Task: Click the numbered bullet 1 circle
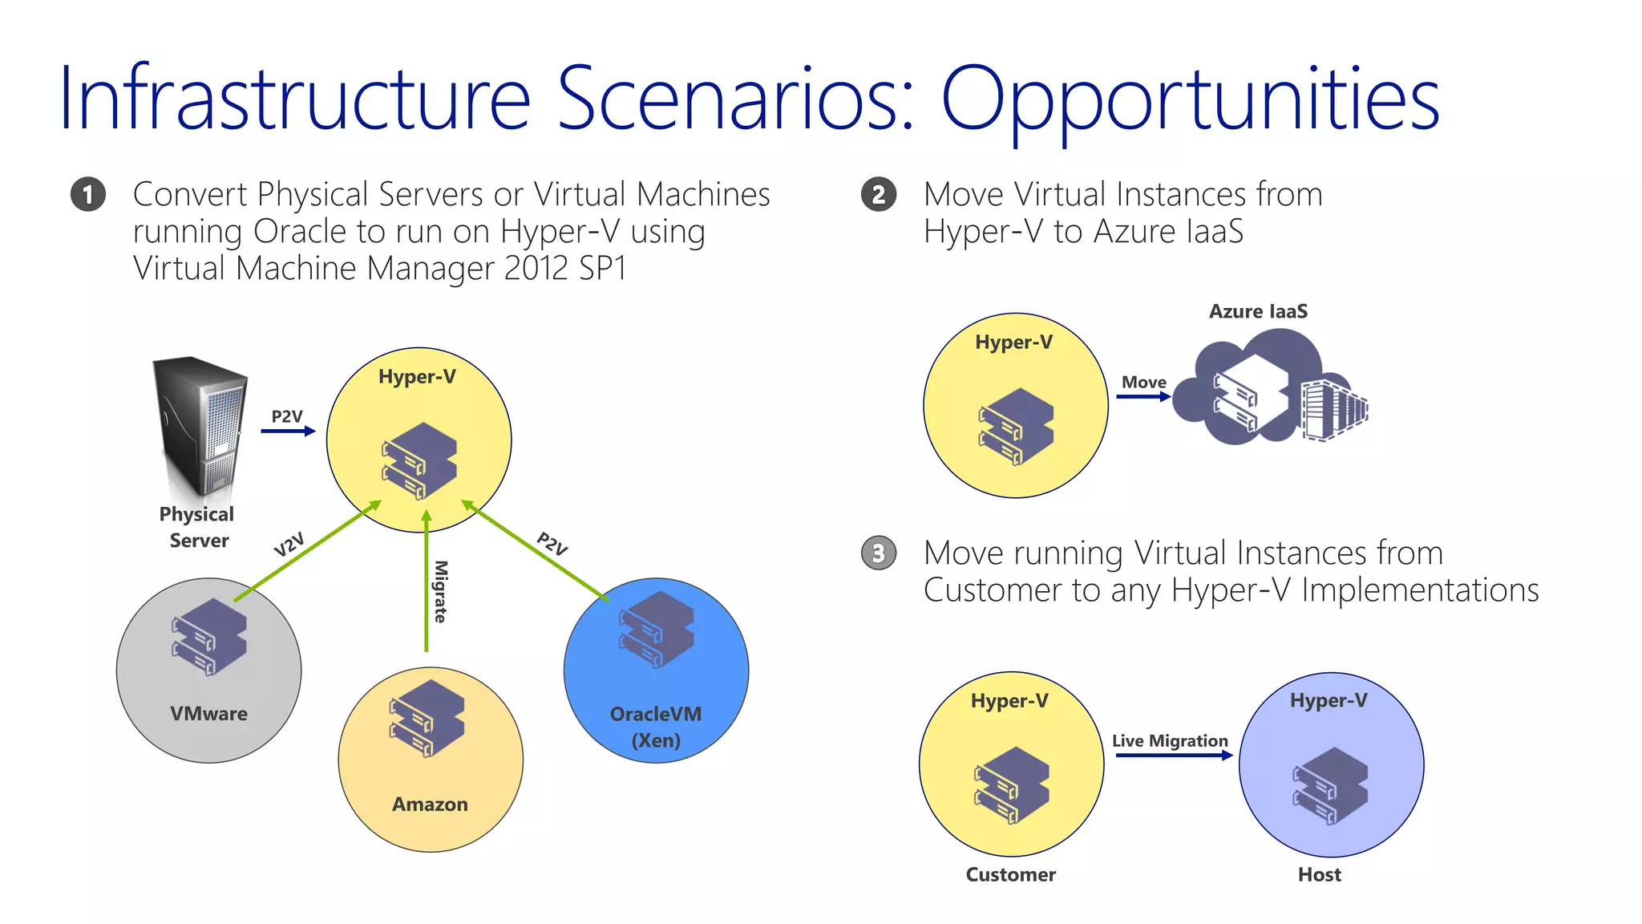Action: point(87,194)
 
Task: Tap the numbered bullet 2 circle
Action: point(879,194)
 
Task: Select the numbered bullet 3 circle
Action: point(879,553)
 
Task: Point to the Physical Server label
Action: point(197,527)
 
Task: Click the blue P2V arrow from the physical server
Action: point(288,432)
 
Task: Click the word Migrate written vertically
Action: point(441,591)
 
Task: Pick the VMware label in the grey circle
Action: point(208,714)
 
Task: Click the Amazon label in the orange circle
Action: point(430,804)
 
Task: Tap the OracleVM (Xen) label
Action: point(656,727)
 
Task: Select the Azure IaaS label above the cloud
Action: point(1258,311)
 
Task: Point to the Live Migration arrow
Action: point(1173,756)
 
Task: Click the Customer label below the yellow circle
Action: point(1010,874)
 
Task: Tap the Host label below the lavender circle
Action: point(1319,874)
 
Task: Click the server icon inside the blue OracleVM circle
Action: point(657,629)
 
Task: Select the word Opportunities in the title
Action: point(1190,99)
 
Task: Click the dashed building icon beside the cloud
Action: point(1331,409)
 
